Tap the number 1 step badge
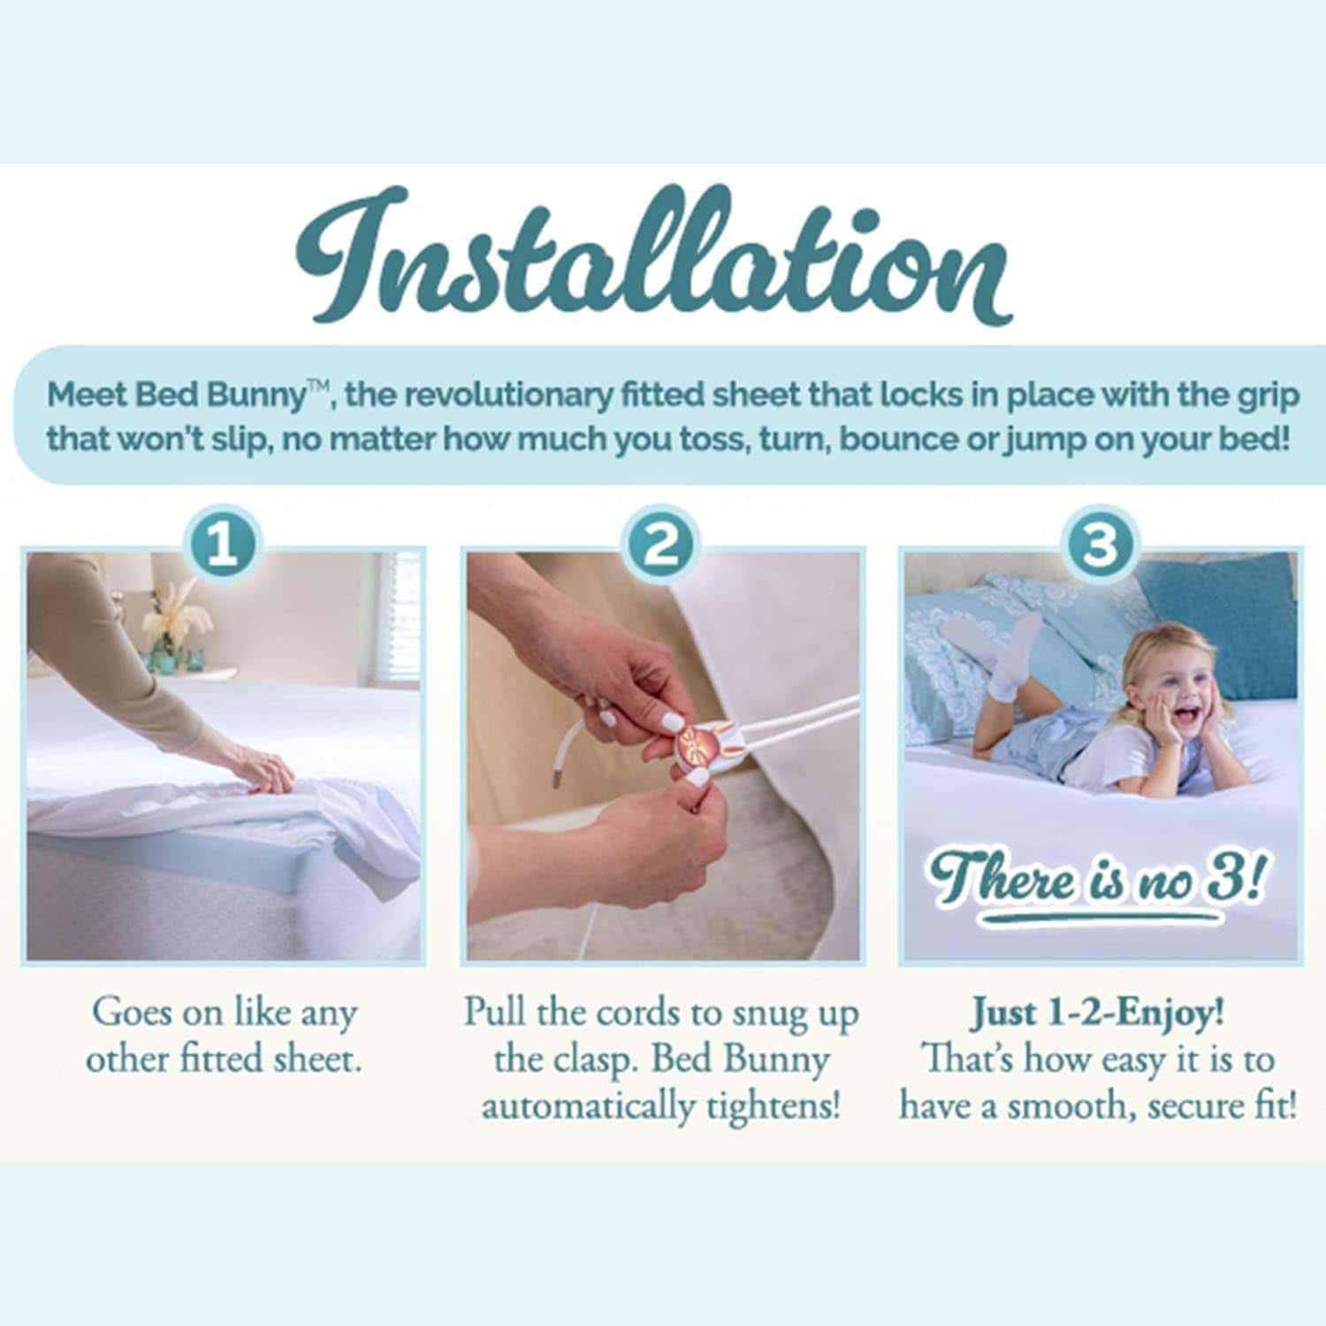(x=222, y=546)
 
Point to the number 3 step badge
(x=1100, y=546)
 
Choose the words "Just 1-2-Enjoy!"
(x=1099, y=1013)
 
